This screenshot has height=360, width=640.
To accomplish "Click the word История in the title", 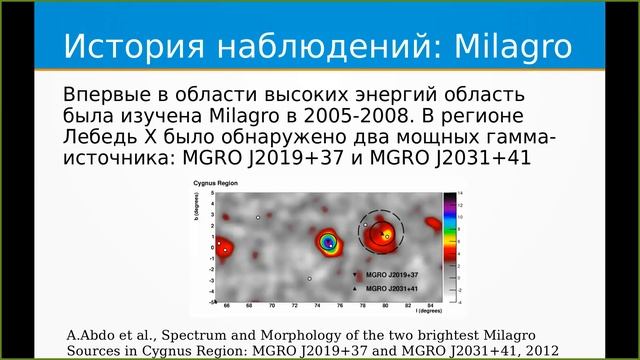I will [x=127, y=47].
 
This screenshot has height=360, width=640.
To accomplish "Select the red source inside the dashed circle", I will [x=381, y=235].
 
